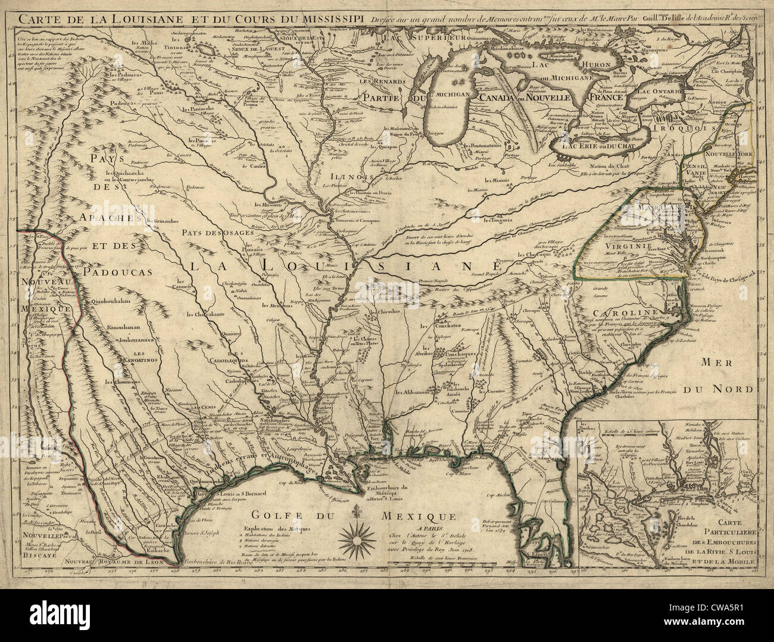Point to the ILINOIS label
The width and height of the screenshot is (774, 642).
coord(347,176)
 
